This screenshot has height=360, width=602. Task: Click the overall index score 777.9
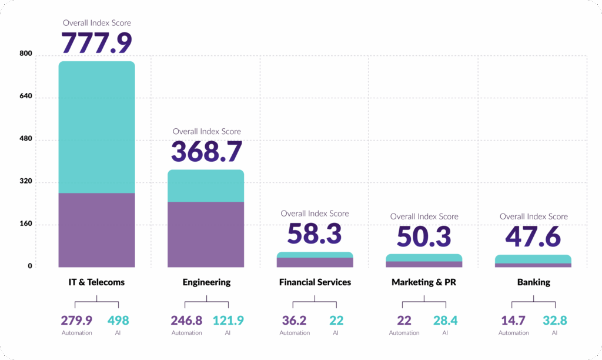[96, 42]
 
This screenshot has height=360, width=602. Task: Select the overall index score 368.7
[206, 151]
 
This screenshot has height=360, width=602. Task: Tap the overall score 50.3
[424, 236]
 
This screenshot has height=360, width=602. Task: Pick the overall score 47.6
[533, 236]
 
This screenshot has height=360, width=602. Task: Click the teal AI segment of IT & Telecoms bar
[96, 127]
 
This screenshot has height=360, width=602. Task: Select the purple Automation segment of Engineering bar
[206, 234]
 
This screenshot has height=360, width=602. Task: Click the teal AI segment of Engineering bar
[206, 186]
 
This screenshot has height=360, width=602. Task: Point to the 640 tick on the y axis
[25, 97]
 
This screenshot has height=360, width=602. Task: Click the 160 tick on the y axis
[25, 224]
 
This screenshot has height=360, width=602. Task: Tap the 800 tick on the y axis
[25, 55]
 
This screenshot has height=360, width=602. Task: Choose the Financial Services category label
[315, 282]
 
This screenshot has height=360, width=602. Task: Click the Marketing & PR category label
[424, 282]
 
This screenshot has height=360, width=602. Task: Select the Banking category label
[533, 282]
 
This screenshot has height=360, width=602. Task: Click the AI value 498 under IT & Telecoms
[118, 321]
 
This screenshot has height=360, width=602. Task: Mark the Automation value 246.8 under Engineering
[186, 321]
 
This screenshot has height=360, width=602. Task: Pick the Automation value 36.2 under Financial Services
[295, 321]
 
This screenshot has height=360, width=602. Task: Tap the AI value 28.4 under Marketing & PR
[446, 321]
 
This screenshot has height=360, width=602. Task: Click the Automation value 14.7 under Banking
[513, 321]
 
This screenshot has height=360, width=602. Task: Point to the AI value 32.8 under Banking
[554, 321]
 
